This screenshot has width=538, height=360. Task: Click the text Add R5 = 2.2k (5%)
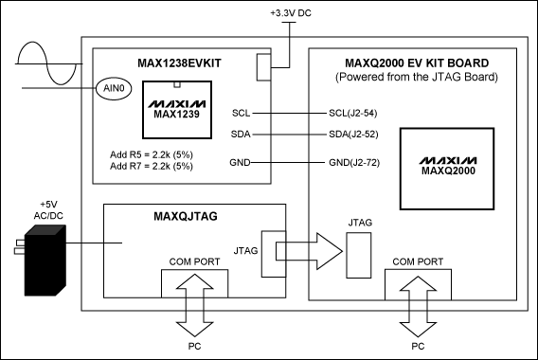pos(152,153)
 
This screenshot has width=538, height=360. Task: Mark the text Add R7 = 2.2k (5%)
pos(152,166)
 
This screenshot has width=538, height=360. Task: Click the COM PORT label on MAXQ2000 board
pos(417,261)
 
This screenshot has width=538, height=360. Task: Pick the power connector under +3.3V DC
pos(264,65)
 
